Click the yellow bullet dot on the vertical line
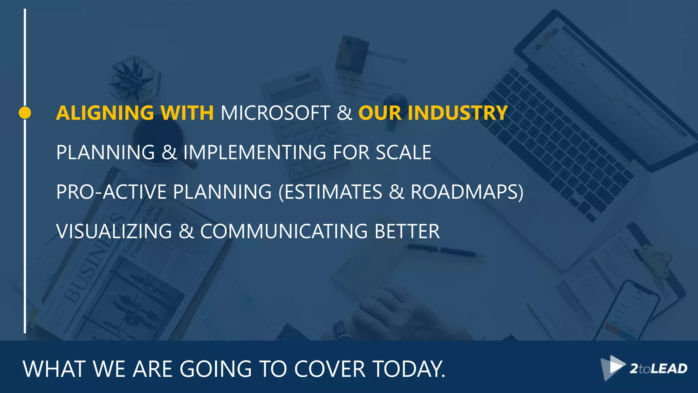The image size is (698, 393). pyautogui.click(x=25, y=113)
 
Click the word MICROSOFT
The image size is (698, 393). pyautogui.click(x=275, y=113)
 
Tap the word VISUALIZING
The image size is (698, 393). pyautogui.click(x=114, y=231)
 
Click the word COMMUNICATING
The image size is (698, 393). pyautogui.click(x=284, y=231)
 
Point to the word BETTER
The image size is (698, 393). pyautogui.click(x=407, y=231)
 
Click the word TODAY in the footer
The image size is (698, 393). pyautogui.click(x=408, y=369)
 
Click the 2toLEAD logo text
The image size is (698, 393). pyautogui.click(x=658, y=369)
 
